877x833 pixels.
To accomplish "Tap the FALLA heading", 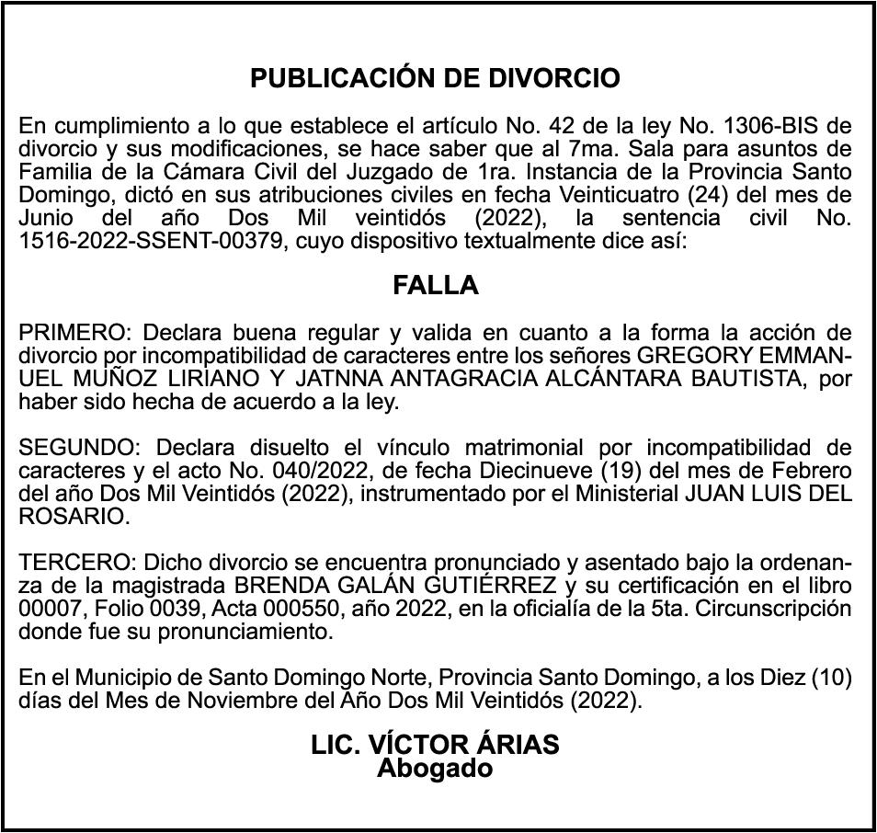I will tap(436, 285).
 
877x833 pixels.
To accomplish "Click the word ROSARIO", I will tap(71, 517).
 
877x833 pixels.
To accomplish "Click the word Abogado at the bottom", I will tap(435, 769).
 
